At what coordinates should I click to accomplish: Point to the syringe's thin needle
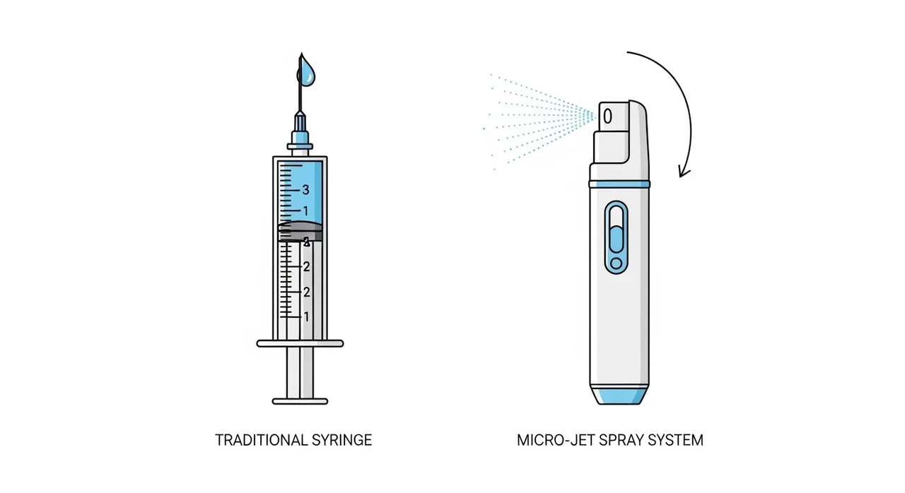(x=300, y=99)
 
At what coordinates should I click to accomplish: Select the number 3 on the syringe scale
(x=305, y=189)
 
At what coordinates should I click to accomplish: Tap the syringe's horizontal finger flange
(x=300, y=343)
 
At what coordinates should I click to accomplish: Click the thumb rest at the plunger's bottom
(x=300, y=401)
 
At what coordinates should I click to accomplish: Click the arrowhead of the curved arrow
(x=683, y=172)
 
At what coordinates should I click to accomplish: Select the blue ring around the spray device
(x=620, y=184)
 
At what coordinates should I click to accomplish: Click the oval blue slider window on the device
(x=616, y=237)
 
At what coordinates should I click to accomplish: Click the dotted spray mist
(x=537, y=117)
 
